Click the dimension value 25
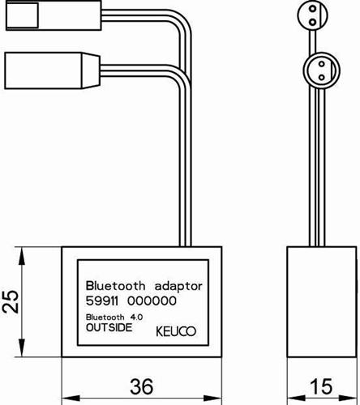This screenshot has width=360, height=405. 11,301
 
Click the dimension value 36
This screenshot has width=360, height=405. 141,386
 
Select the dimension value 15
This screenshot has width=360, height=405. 321,386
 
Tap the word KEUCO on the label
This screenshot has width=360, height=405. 176,331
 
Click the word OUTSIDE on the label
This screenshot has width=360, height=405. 109,327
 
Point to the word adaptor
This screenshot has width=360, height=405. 178,286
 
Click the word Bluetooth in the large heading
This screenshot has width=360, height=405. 115,286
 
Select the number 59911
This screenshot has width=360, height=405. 101,301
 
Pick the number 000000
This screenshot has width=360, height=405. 152,301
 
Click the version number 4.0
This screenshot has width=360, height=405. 136,317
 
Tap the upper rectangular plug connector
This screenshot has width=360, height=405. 54,15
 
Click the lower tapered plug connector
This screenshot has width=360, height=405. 53,70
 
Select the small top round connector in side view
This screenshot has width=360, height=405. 312,15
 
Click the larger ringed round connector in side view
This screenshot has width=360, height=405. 321,70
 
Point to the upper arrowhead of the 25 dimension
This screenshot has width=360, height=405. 22,256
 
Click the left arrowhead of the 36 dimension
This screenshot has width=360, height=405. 71,399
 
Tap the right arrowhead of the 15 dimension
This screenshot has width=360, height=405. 347,399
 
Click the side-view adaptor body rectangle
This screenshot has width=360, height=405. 322,302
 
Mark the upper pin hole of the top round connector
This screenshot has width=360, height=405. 313,8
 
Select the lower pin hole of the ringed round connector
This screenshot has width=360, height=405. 322,78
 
